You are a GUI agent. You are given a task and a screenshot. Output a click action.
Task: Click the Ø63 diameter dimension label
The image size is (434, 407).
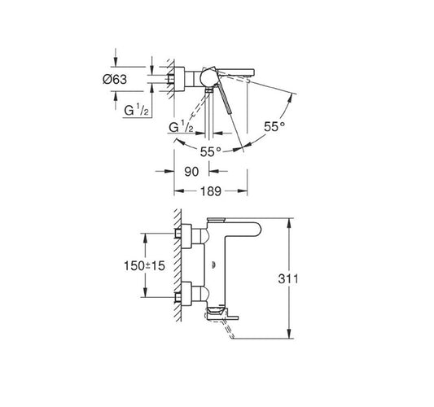tap(115, 80)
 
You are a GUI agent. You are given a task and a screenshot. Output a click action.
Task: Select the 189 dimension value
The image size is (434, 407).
tap(211, 191)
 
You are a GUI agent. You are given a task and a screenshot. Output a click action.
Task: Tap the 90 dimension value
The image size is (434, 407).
tap(191, 172)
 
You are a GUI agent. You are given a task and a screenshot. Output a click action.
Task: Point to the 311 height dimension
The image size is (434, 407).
tap(288, 279)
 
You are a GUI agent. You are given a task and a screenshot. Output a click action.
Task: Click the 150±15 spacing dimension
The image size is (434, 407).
tap(144, 266)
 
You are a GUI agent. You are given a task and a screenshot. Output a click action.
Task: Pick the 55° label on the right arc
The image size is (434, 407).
tap(274, 127)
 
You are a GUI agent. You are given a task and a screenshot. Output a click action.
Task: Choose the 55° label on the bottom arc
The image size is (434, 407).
tap(211, 151)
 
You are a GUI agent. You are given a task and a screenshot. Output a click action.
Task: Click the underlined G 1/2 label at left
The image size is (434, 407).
tap(137, 111)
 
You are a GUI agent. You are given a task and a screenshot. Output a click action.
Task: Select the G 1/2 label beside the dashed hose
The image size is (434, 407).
tap(181, 127)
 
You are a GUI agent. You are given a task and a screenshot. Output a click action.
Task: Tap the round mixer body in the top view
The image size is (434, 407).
tap(208, 78)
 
